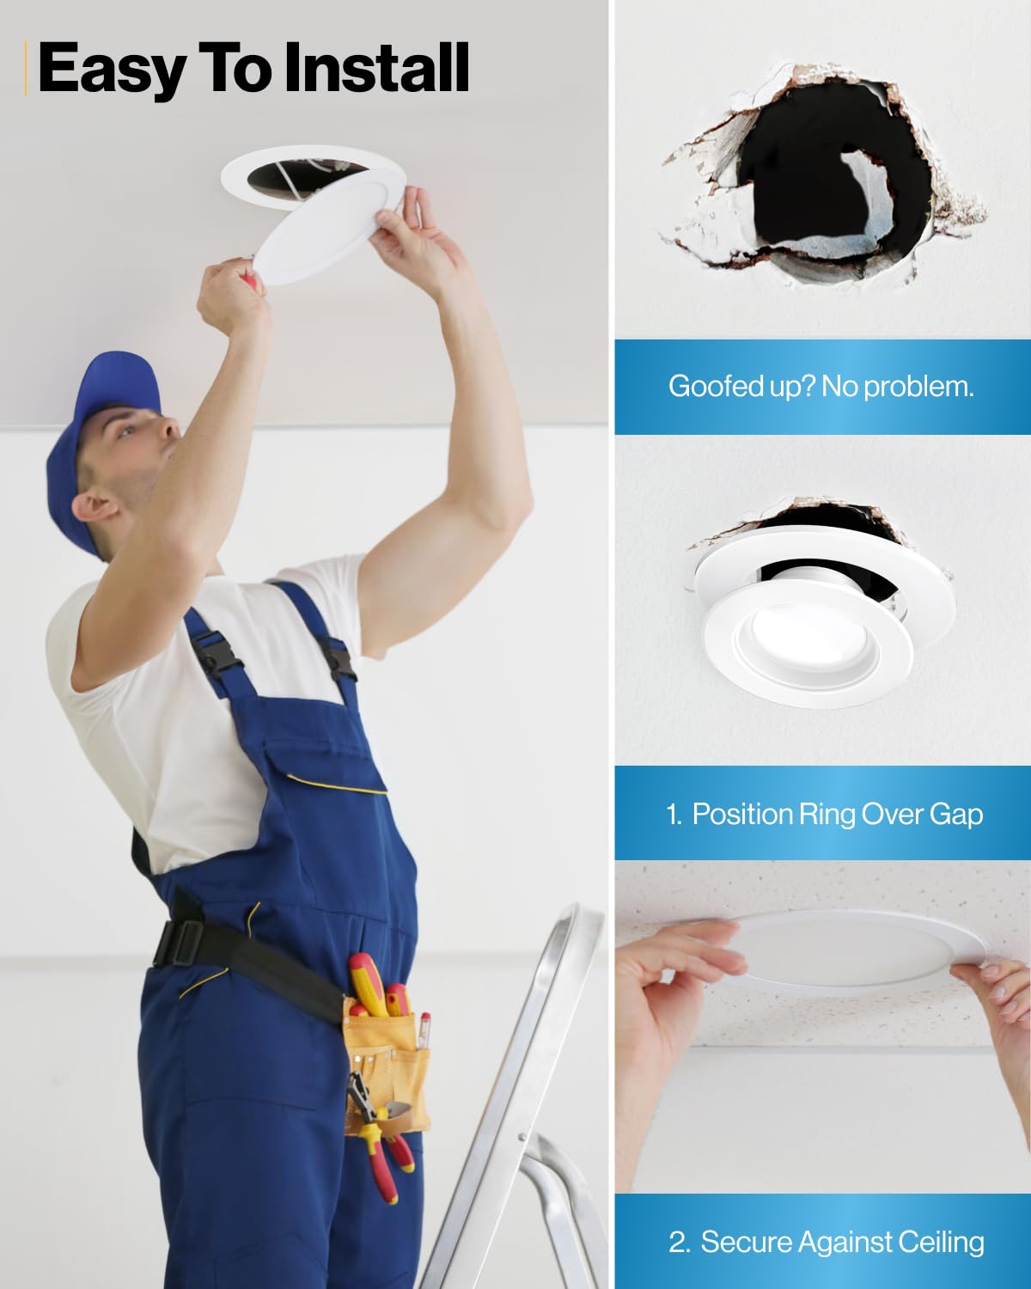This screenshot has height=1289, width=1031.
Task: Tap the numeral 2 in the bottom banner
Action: coord(678,1243)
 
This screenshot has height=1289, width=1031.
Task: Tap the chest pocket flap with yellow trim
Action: coord(324,766)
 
